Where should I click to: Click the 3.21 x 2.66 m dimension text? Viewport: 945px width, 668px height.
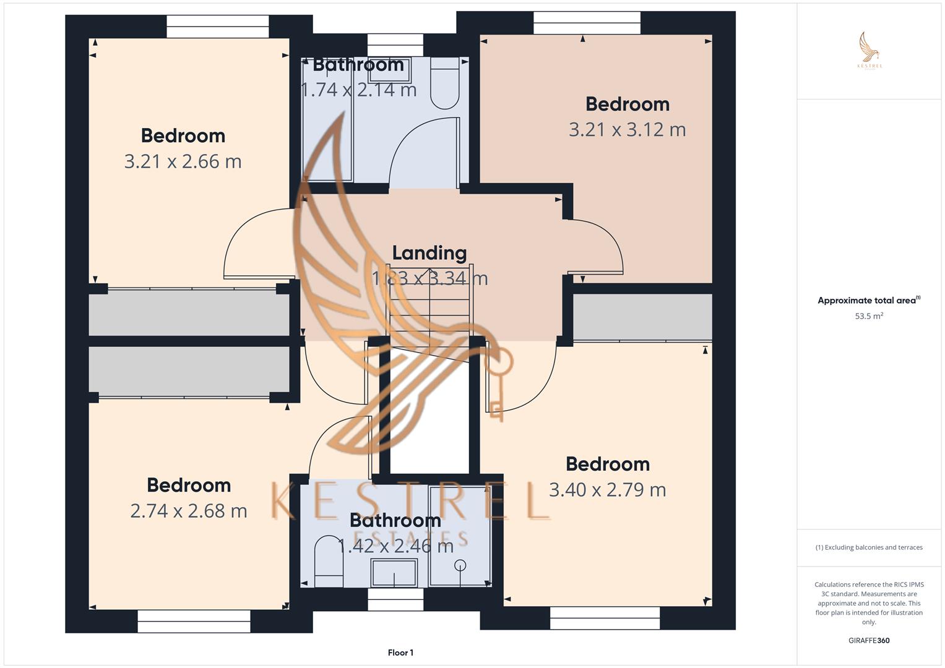click(183, 161)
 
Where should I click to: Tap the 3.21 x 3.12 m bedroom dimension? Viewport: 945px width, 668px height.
click(627, 130)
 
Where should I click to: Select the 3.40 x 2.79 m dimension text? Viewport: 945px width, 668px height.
click(607, 490)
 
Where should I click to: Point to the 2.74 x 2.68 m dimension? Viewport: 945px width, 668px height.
click(188, 511)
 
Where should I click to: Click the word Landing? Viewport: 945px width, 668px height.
click(429, 253)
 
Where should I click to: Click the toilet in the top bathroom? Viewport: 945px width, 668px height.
click(444, 83)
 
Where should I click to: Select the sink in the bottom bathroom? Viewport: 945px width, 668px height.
click(394, 572)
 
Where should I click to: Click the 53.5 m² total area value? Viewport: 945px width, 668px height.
click(868, 316)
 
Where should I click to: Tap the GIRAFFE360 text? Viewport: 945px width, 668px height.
click(868, 640)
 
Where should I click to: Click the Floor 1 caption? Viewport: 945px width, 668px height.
click(400, 653)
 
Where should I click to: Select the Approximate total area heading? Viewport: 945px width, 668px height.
click(868, 301)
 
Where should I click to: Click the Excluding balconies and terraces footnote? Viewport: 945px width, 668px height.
click(868, 547)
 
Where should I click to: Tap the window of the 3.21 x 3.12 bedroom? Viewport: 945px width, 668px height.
click(587, 24)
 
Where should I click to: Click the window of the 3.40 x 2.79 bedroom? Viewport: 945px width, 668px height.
click(605, 618)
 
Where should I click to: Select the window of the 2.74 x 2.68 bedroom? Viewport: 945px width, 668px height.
click(194, 621)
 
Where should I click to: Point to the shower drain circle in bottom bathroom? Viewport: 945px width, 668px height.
click(459, 565)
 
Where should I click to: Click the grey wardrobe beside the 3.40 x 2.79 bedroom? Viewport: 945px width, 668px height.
click(642, 317)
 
